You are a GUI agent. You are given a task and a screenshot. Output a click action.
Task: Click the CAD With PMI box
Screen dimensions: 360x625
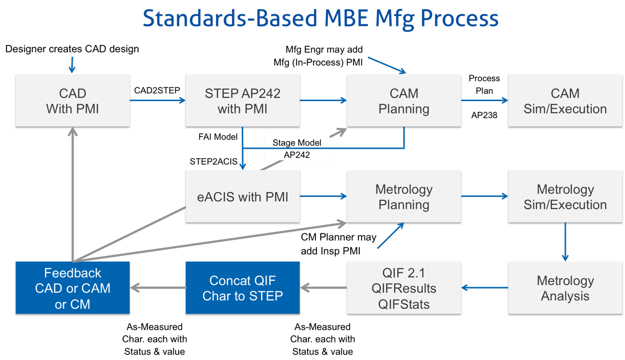72,101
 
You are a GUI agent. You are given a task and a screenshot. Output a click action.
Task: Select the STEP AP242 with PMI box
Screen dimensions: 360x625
242,101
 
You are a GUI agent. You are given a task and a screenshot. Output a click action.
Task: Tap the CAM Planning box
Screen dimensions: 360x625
404,101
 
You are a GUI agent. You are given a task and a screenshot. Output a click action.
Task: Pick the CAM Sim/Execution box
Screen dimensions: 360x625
565,101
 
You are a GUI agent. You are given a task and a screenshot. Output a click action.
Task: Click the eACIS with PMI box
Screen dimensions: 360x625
242,197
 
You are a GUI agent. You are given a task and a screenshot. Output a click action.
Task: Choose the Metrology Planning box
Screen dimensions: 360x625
404,197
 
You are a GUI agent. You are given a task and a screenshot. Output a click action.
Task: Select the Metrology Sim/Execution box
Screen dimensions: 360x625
565,197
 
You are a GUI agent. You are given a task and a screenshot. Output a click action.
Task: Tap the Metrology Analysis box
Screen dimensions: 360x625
565,288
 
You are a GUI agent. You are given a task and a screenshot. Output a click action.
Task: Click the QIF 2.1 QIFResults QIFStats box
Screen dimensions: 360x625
404,288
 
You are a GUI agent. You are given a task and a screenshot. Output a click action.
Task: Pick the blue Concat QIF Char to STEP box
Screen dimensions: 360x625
242,288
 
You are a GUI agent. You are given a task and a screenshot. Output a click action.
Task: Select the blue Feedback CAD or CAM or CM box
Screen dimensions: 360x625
72,288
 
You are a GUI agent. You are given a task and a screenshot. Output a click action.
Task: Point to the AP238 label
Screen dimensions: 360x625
484,115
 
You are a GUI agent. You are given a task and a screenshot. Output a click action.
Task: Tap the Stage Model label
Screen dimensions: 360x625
296,143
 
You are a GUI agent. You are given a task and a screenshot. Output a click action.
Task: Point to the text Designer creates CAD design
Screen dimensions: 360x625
72,49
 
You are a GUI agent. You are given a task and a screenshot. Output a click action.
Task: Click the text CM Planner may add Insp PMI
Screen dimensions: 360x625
338,243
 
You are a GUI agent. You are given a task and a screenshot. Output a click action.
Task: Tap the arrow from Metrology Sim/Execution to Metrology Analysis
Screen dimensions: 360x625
565,241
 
